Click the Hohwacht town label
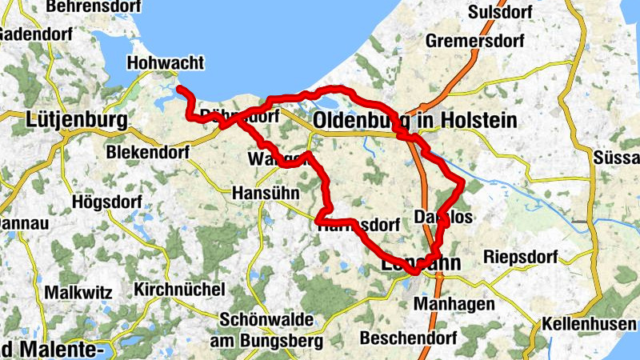[166, 63]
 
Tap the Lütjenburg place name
[77, 120]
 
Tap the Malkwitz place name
[78, 292]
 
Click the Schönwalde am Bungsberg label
[266, 330]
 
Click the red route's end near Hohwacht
[179, 89]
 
